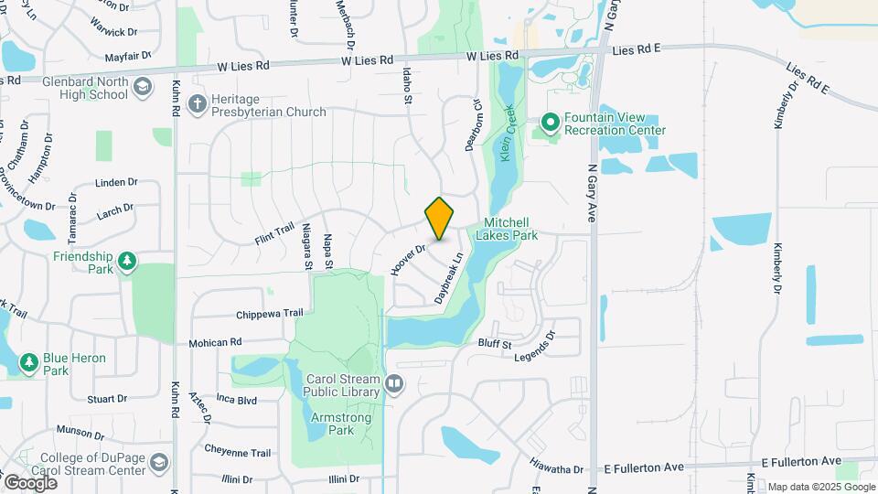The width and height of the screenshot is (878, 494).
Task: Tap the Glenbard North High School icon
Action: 142,87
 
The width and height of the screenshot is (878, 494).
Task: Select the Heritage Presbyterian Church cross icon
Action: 197,105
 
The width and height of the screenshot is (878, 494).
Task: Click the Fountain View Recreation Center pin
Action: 550,122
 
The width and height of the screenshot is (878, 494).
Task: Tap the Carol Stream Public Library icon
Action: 394,384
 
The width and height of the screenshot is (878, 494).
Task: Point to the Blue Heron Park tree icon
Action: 29,364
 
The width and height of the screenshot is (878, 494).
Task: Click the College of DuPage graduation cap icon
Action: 160,463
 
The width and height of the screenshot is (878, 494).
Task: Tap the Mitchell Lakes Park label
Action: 510,229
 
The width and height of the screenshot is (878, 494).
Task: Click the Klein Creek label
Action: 506,135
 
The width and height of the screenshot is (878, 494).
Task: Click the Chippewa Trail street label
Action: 269,314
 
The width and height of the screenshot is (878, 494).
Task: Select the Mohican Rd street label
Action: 215,343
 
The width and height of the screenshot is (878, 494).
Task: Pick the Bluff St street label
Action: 495,343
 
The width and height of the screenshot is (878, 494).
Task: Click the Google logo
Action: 30,482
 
